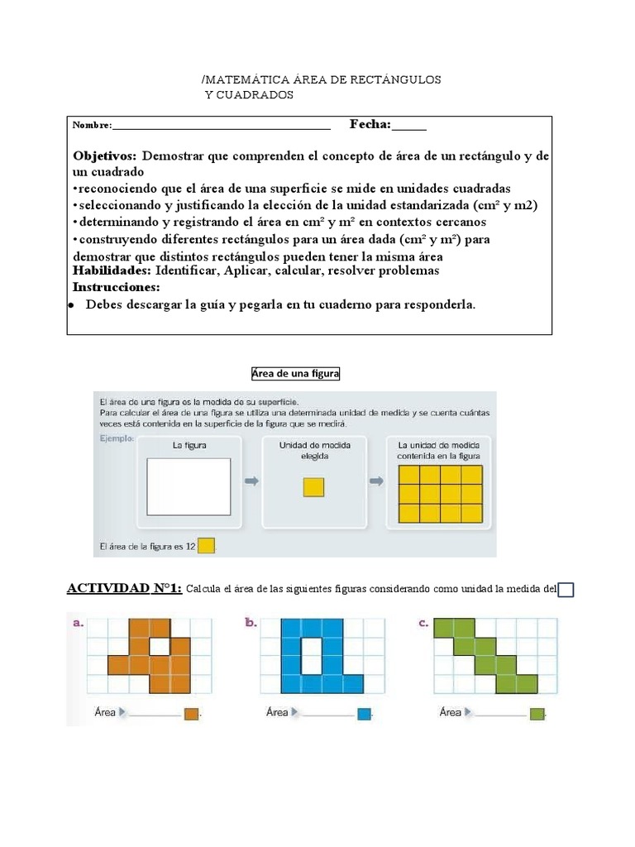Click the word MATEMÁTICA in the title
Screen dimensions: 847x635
coord(246,79)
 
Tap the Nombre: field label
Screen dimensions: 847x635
coord(92,126)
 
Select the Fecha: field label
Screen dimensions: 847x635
coord(370,124)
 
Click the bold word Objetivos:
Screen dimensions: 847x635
coord(107,156)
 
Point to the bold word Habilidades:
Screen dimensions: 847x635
coord(112,270)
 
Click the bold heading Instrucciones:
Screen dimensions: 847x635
coord(116,287)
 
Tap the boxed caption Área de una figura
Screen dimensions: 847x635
coord(295,374)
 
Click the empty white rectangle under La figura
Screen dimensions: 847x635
coord(189,486)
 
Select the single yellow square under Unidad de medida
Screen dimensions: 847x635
coord(313,487)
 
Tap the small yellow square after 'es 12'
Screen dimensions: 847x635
coord(206,546)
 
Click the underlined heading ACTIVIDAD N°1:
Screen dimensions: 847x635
coord(124,589)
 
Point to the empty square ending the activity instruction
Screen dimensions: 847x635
coord(566,590)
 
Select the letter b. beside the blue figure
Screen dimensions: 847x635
coord(251,624)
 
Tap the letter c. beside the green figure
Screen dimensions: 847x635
coord(423,624)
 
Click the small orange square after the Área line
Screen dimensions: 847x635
coord(192,714)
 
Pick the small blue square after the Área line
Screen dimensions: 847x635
coord(365,714)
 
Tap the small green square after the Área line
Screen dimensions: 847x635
coord(537,714)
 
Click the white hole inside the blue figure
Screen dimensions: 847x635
coord(311,655)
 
